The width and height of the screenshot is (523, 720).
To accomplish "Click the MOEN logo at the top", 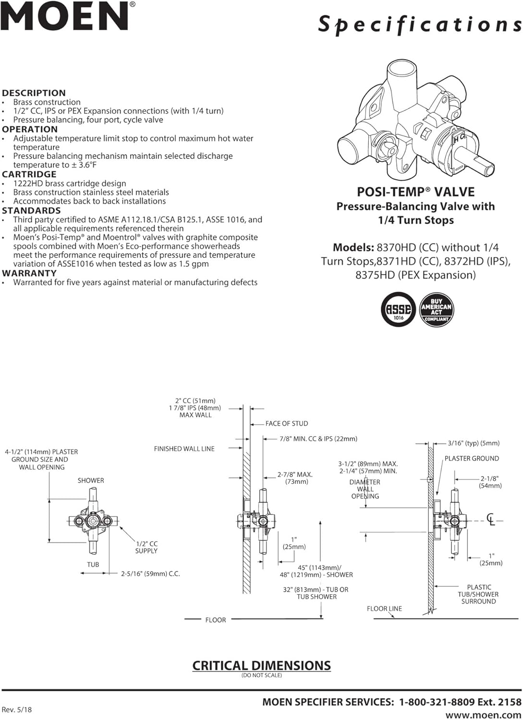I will pyautogui.click(x=67, y=17).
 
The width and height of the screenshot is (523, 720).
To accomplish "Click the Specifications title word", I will pyautogui.click(x=419, y=24).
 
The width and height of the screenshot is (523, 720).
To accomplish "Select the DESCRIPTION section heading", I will pyautogui.click(x=34, y=93).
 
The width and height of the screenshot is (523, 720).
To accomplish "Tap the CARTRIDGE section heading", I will pyautogui.click(x=29, y=174).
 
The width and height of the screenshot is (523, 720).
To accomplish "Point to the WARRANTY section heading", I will pyautogui.click(x=29, y=273).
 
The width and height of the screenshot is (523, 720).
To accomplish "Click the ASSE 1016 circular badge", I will pyautogui.click(x=398, y=309).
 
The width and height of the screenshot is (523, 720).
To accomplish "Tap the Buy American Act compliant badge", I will pyautogui.click(x=436, y=310).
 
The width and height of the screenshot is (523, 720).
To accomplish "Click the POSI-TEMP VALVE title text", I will pyautogui.click(x=415, y=192).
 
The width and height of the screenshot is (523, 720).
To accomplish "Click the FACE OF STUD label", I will pyautogui.click(x=287, y=423).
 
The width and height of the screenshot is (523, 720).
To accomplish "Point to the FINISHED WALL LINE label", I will pyautogui.click(x=184, y=449).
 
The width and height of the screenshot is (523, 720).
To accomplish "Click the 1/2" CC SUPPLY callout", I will pyautogui.click(x=146, y=547).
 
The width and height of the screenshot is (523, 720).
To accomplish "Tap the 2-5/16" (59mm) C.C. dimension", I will pyautogui.click(x=150, y=574).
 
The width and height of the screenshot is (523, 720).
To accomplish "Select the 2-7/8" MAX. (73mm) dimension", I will pyautogui.click(x=295, y=478).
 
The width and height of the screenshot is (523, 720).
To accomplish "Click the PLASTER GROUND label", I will pyautogui.click(x=472, y=458).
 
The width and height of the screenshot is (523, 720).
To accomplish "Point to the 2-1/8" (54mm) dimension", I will pyautogui.click(x=490, y=482).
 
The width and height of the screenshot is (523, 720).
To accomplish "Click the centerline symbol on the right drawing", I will pyautogui.click(x=490, y=519).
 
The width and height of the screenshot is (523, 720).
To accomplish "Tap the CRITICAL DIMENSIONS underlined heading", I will pyautogui.click(x=261, y=666).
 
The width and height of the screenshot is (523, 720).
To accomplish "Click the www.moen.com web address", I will pyautogui.click(x=483, y=715).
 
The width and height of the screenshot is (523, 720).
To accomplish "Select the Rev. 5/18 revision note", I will pyautogui.click(x=17, y=709).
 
